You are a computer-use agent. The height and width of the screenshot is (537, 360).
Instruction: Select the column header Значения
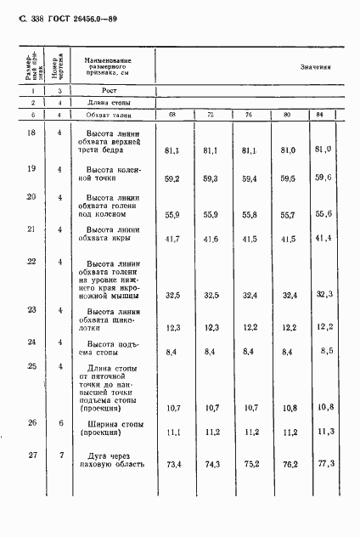(x=315, y=65)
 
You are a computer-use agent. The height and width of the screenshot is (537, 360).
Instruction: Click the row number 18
(x=31, y=133)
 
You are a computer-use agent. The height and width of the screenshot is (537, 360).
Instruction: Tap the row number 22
(x=31, y=261)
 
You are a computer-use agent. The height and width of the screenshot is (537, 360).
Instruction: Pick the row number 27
(x=31, y=456)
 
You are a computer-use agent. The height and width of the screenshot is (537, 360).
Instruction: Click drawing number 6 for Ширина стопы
(x=60, y=422)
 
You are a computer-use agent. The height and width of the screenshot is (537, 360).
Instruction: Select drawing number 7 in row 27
(x=60, y=456)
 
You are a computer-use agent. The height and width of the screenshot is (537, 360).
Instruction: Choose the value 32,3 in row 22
(x=323, y=293)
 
